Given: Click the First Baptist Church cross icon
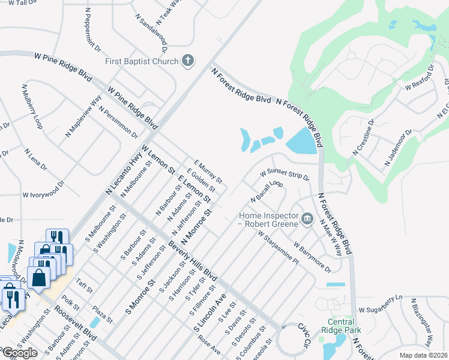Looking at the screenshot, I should [188, 61].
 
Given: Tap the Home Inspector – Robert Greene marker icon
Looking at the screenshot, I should [307, 218].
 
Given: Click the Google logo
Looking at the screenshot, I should [20, 353].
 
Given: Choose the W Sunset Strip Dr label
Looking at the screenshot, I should [284, 175].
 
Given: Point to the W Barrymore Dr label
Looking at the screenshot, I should [313, 256].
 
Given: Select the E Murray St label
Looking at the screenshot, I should [208, 172].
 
